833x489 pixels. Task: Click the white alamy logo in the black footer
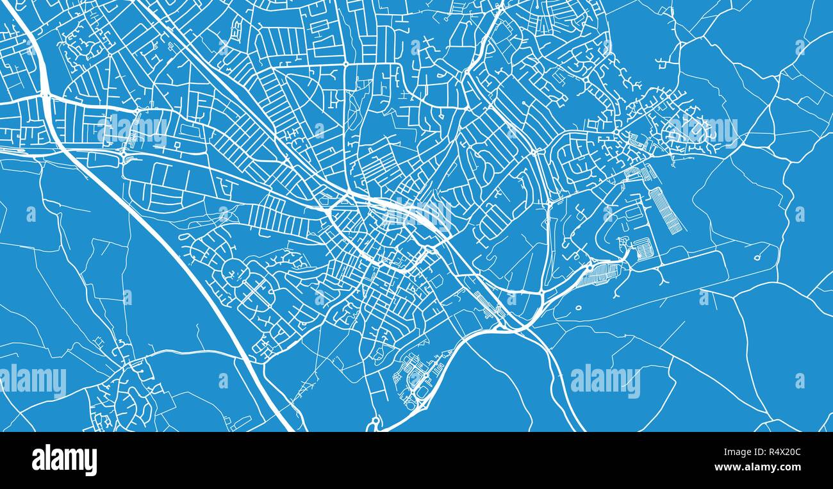point(64,460)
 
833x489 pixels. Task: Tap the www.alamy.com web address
point(762,468)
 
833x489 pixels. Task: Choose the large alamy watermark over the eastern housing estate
point(703,131)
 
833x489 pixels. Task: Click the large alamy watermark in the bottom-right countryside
point(605,381)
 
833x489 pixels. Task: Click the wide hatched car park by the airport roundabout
point(603,274)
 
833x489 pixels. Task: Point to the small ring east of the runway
point(757,258)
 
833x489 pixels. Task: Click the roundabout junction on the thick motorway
point(45,95)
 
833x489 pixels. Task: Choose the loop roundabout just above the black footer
point(374,422)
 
